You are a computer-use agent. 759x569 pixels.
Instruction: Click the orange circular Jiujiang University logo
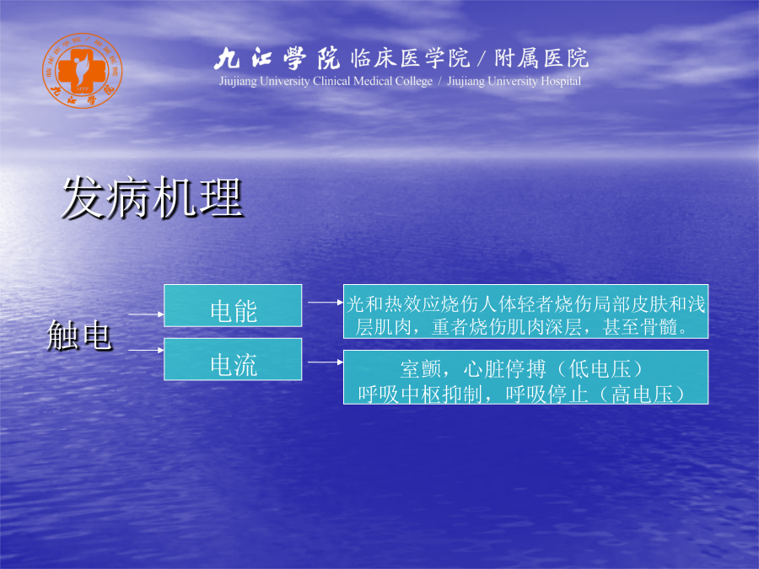click(83, 71)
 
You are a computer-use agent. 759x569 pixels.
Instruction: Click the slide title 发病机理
click(153, 198)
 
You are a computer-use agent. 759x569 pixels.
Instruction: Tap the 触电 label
click(79, 335)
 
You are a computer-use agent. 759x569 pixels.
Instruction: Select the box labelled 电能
click(233, 306)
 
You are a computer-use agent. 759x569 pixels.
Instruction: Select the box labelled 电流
click(233, 359)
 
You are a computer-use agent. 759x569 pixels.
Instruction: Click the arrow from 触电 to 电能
click(146, 314)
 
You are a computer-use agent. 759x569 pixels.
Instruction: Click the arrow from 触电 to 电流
click(146, 350)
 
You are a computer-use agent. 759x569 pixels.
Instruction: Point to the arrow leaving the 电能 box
click(326, 303)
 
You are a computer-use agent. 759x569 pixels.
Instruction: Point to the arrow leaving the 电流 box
click(326, 362)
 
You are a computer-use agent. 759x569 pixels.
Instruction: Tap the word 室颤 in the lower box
click(420, 370)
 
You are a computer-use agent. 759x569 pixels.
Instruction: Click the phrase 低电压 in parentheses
click(600, 370)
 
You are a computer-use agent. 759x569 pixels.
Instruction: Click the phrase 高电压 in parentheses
click(643, 395)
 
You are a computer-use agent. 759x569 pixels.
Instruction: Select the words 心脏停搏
click(504, 370)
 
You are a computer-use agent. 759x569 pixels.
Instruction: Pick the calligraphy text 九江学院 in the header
click(277, 58)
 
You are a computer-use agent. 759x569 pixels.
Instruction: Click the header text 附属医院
click(541, 58)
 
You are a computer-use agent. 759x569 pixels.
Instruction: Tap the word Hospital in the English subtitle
click(561, 81)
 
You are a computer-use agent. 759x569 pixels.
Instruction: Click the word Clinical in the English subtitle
click(331, 81)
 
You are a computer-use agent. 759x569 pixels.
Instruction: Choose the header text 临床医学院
click(410, 58)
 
